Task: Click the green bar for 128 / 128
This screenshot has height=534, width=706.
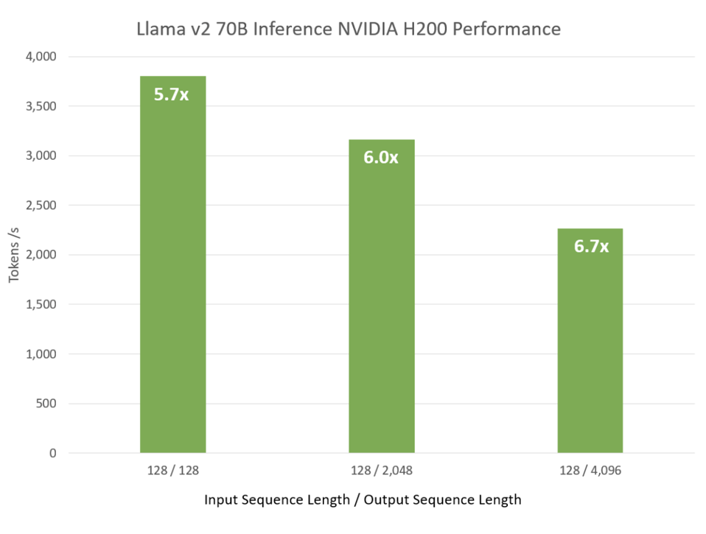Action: pyautogui.click(x=172, y=280)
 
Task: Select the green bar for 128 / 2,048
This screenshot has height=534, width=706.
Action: pyautogui.click(x=381, y=309)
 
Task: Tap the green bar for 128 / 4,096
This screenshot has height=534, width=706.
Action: pyautogui.click(x=590, y=346)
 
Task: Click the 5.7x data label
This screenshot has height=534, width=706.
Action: pyautogui.click(x=171, y=94)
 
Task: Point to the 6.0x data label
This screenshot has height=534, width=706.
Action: pyautogui.click(x=380, y=158)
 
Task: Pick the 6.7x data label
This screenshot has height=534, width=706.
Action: pyautogui.click(x=591, y=247)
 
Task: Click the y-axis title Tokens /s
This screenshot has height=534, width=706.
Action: pyautogui.click(x=15, y=255)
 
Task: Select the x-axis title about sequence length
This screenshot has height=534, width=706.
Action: pyautogui.click(x=363, y=499)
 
